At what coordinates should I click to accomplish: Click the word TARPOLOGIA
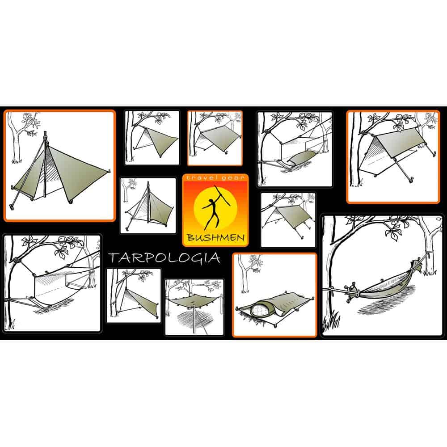[x=163, y=258]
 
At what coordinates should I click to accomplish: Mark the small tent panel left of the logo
[x=148, y=205]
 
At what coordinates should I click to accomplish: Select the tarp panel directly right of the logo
[x=288, y=219]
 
